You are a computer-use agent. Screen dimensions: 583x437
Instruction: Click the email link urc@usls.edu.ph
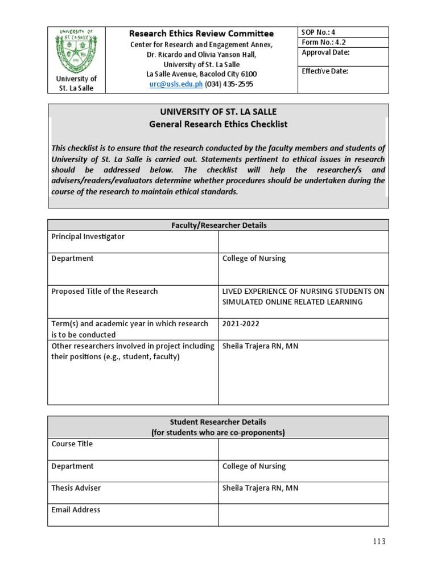(176, 84)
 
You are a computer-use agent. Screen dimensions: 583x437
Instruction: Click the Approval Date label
(325, 53)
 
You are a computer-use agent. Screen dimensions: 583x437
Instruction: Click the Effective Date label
(324, 71)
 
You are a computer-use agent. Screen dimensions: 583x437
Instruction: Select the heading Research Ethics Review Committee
(201, 34)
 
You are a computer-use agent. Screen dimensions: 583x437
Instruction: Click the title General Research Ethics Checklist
(218, 124)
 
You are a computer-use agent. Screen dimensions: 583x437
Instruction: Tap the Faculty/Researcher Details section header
(218, 225)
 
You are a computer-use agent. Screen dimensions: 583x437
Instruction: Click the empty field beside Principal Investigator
(303, 241)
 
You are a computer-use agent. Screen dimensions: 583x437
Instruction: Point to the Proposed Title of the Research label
(104, 291)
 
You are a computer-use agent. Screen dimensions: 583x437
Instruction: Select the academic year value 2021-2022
(241, 324)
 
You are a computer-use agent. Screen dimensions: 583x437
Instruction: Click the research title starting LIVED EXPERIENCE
(303, 297)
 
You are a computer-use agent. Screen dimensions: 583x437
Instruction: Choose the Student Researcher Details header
(218, 427)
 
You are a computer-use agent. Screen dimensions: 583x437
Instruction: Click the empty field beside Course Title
(303, 449)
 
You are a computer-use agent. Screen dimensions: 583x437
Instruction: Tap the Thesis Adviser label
(76, 488)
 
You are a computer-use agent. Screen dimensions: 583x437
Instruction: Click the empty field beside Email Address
(303, 515)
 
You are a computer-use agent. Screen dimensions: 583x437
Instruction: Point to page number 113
(376, 541)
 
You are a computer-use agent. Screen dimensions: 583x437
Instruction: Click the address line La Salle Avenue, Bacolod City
(201, 74)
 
